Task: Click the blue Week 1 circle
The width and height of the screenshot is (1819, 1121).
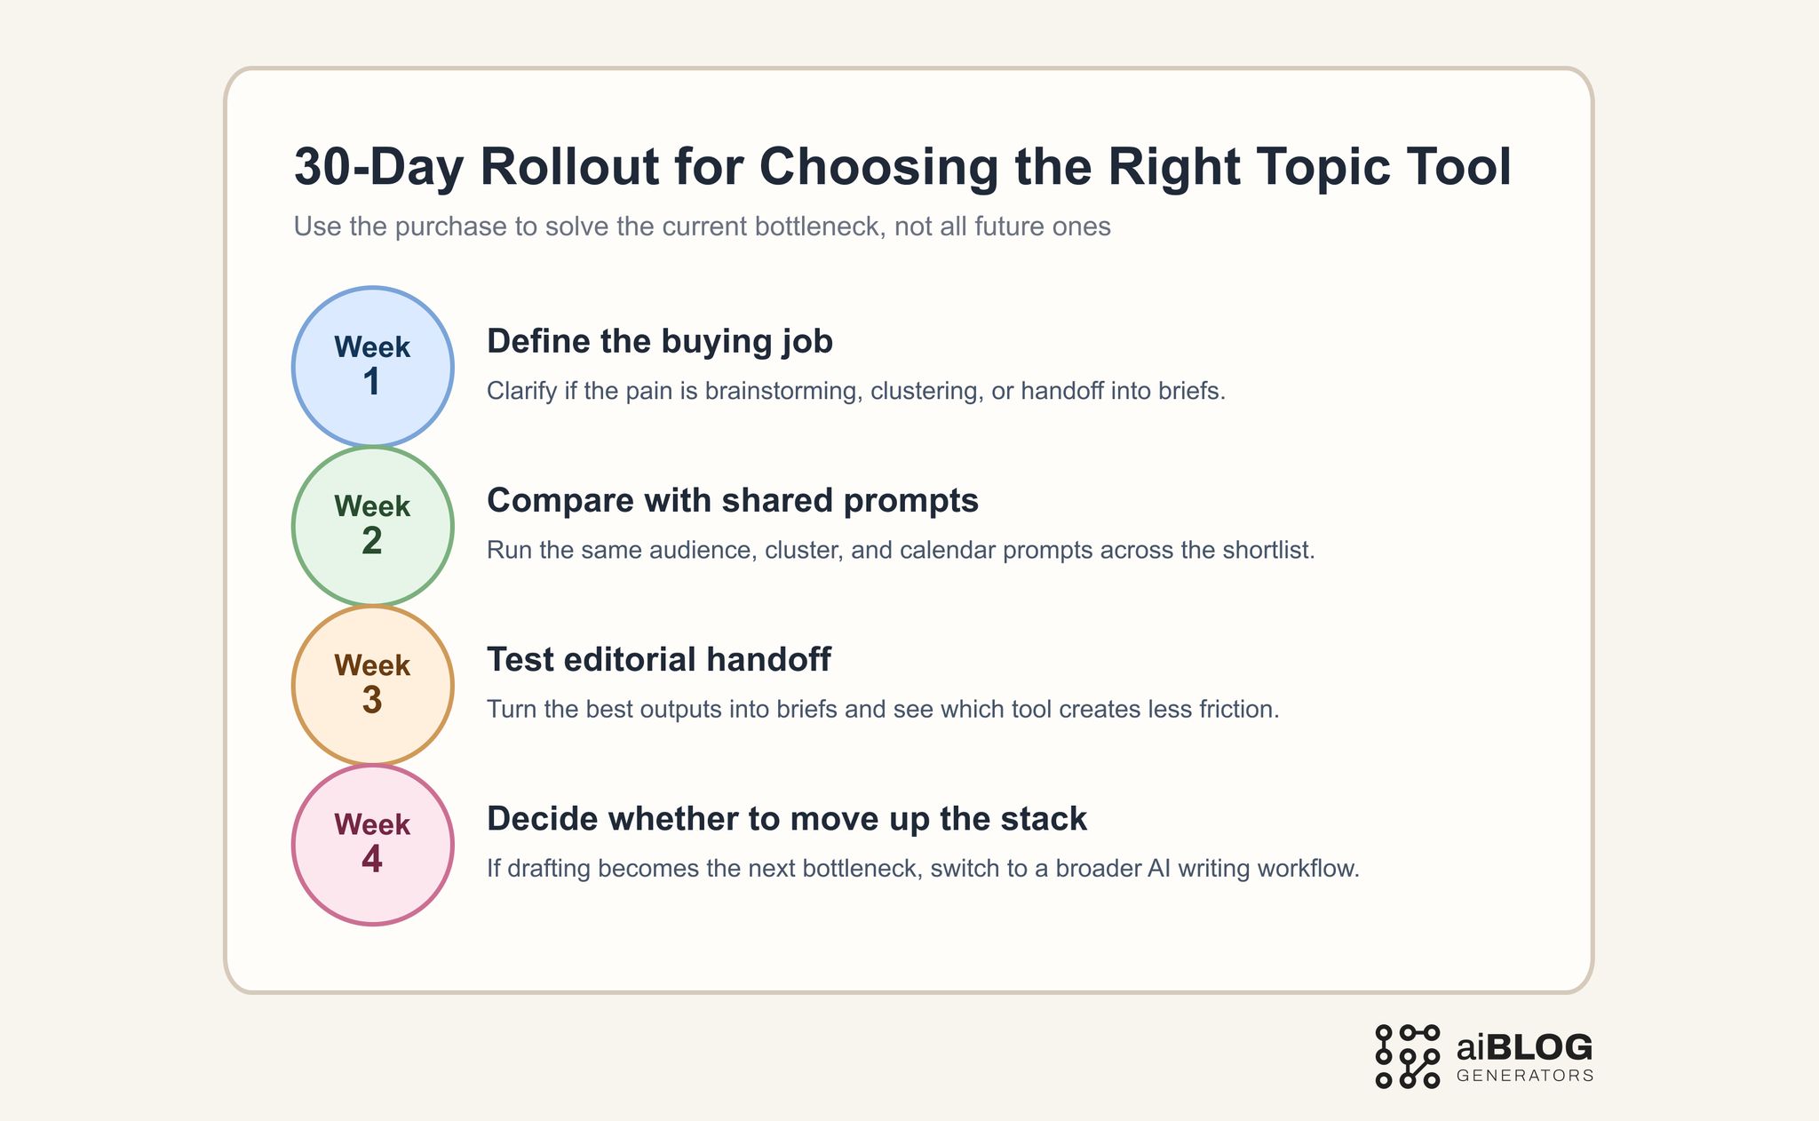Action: tap(372, 366)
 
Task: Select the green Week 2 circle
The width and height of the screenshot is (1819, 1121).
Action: tap(372, 526)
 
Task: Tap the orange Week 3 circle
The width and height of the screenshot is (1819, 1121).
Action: tap(372, 685)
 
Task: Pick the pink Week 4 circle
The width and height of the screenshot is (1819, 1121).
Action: tap(372, 844)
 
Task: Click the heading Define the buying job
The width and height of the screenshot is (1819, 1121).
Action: tap(659, 341)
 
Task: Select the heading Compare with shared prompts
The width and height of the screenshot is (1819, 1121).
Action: tap(732, 500)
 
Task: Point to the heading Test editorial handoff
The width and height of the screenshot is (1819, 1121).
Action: tap(658, 659)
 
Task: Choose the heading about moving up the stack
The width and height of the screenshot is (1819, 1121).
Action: tap(786, 818)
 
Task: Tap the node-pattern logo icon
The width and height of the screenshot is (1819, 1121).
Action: tap(1407, 1056)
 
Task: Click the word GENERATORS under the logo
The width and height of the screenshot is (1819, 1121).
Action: tap(1525, 1076)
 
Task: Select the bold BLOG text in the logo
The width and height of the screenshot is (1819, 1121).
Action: tap(1539, 1048)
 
